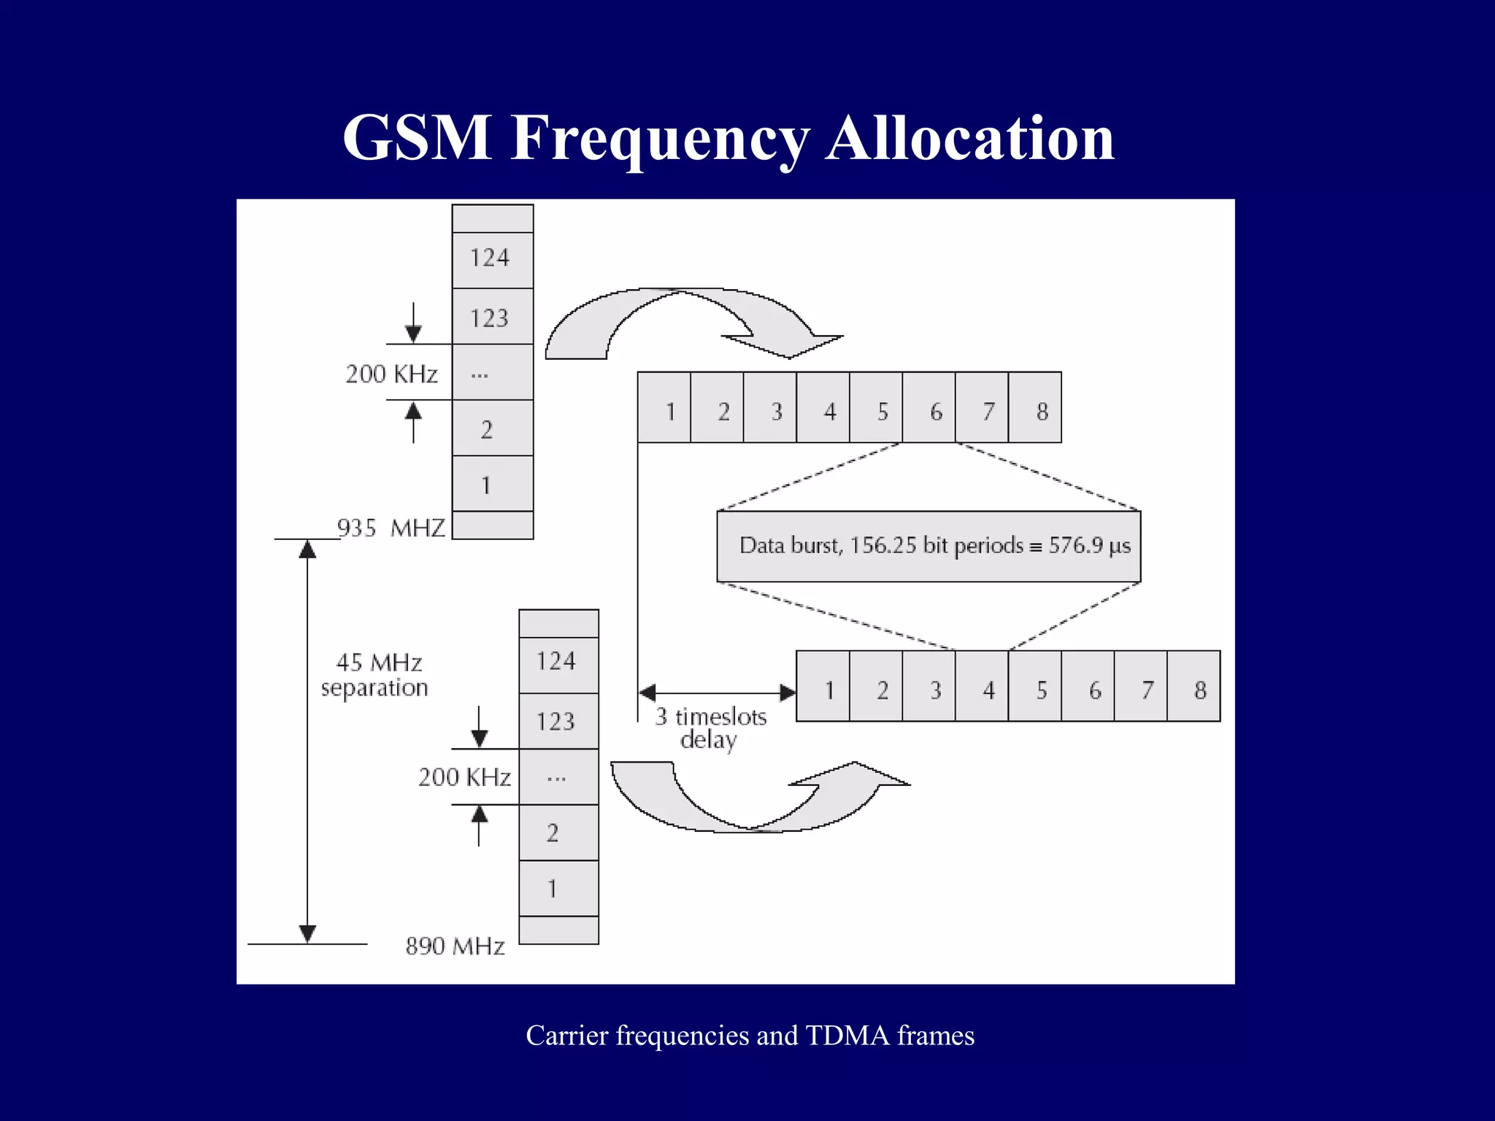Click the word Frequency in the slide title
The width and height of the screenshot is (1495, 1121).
660,139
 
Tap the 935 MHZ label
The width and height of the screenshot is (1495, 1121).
391,528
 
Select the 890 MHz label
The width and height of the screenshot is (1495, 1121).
455,946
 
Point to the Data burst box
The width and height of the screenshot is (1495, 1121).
929,546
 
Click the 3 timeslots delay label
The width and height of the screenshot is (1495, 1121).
710,728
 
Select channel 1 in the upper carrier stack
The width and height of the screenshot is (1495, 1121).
493,484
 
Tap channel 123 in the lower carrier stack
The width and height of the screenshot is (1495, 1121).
558,721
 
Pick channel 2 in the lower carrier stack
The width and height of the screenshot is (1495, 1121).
558,833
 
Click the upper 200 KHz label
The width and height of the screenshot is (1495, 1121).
391,374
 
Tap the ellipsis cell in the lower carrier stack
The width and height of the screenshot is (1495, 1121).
558,777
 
